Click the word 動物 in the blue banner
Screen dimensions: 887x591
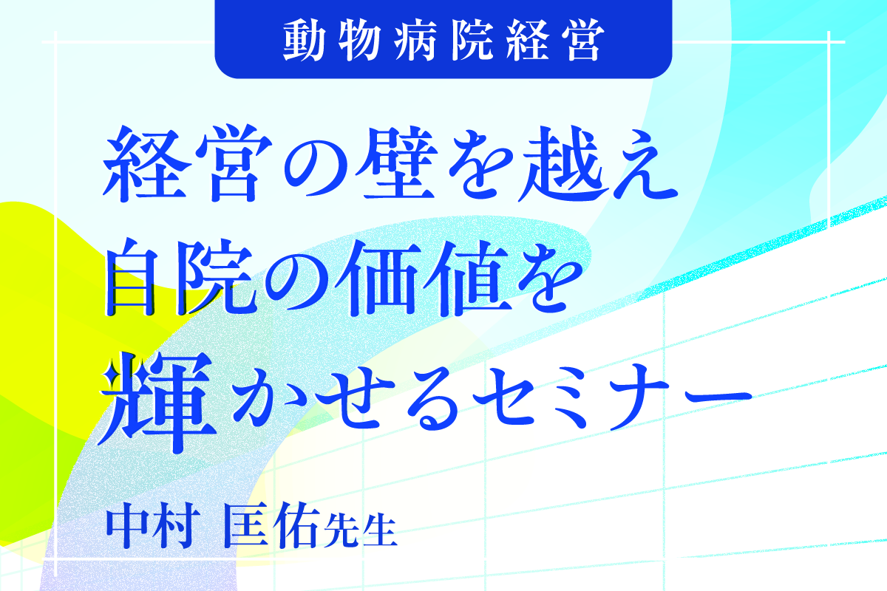(332, 41)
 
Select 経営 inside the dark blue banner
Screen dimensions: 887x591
(556, 41)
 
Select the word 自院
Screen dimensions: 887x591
(179, 277)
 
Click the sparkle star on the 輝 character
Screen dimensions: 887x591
(112, 374)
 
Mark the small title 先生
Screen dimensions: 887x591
(360, 530)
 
